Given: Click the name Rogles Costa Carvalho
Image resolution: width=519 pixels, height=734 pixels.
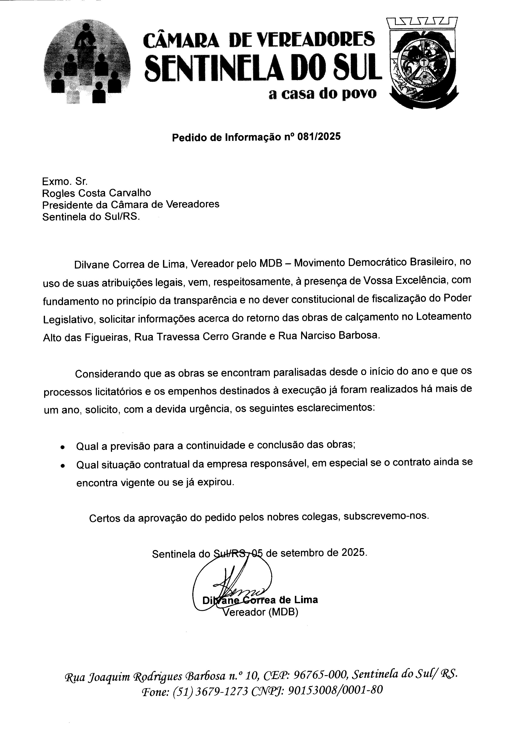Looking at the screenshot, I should pyautogui.click(x=96, y=193).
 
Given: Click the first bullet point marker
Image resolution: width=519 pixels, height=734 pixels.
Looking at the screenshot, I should pyautogui.click(x=63, y=447).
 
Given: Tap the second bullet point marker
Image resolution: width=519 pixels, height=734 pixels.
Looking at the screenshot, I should pyautogui.click(x=63, y=466).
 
